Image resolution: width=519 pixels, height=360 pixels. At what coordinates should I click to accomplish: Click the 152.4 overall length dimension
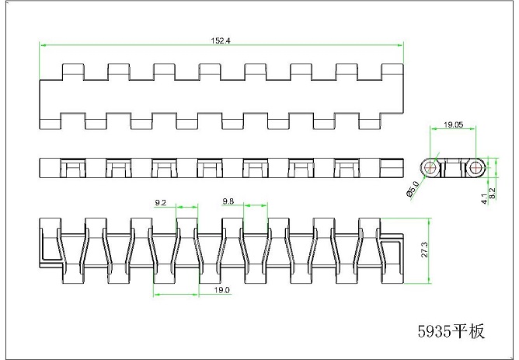(222, 40)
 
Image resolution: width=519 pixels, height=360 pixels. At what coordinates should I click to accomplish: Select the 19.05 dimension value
(454, 124)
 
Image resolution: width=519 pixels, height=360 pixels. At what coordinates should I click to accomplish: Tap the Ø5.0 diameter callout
(413, 189)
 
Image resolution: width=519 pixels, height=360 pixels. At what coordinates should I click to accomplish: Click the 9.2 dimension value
(161, 202)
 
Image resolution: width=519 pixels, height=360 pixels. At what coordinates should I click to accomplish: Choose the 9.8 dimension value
(228, 201)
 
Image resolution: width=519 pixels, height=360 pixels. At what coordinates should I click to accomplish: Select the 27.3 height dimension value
(423, 250)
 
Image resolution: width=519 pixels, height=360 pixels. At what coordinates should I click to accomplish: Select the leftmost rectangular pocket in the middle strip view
(71, 167)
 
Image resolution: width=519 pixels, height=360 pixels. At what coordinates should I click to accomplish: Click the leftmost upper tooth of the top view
(71, 71)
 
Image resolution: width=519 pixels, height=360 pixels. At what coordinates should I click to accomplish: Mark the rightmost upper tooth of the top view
(392, 71)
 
